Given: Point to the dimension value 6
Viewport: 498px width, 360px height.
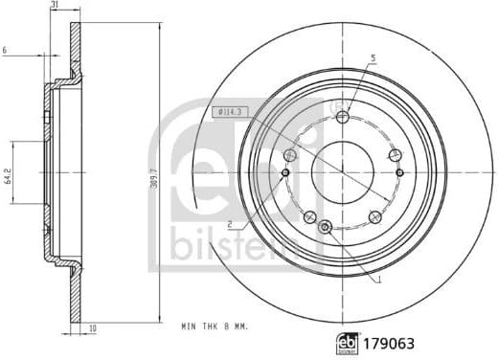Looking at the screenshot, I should tap(6, 50).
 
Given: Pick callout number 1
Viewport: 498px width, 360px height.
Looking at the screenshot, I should tap(379, 280).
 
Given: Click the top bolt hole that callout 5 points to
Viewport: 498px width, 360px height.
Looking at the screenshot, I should tap(343, 117).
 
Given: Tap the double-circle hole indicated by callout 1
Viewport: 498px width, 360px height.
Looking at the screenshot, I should tap(326, 227).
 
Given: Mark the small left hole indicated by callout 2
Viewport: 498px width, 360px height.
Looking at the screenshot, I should tap(286, 173).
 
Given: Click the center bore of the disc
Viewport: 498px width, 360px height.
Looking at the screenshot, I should tap(343, 172).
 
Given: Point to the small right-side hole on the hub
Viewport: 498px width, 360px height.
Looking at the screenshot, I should tap(399, 173).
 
